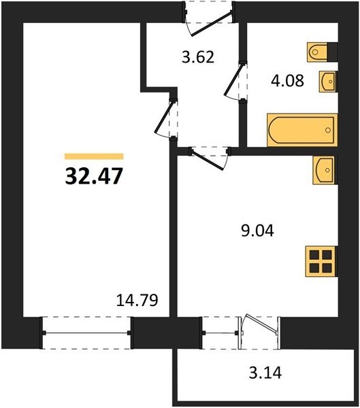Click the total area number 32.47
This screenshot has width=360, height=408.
pyautogui.click(x=94, y=176)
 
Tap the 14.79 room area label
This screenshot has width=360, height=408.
pyautogui.click(x=137, y=300)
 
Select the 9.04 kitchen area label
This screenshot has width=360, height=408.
pyautogui.click(x=257, y=231)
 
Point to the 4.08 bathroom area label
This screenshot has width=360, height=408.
pyautogui.click(x=287, y=80)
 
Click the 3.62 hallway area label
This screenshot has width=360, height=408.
pyautogui.click(x=198, y=57)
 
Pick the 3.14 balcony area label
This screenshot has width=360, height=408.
pyautogui.click(x=265, y=373)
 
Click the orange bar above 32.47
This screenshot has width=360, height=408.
pyautogui.click(x=94, y=156)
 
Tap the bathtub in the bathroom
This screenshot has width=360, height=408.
pyautogui.click(x=302, y=130)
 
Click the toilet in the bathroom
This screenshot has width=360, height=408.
pyautogui.click(x=322, y=52)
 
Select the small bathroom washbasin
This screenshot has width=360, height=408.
pyautogui.click(x=329, y=82)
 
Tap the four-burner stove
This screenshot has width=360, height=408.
pyautogui.click(x=321, y=261)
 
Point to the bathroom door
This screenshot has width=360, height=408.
pyautogui.click(x=234, y=81)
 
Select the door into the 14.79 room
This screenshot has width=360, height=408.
pyautogui.click(x=164, y=118)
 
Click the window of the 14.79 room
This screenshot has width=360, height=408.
pyautogui.click(x=86, y=333)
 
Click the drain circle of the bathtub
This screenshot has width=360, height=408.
pyautogui.click(x=328, y=130)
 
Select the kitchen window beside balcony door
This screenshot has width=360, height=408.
pyautogui.click(x=220, y=333)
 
